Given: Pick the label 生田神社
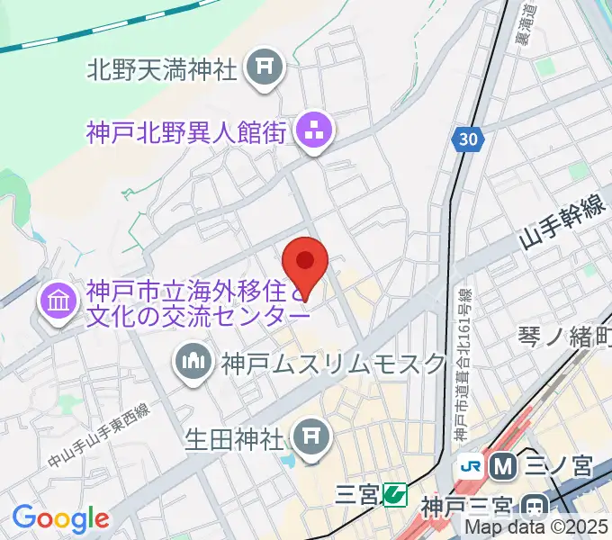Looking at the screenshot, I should click(235, 438).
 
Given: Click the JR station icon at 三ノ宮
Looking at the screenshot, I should click(470, 465).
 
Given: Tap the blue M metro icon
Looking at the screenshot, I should click(501, 465).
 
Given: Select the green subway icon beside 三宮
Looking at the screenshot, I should click(393, 493).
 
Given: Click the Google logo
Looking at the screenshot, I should click(60, 517).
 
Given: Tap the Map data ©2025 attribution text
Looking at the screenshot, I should click(536, 527).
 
